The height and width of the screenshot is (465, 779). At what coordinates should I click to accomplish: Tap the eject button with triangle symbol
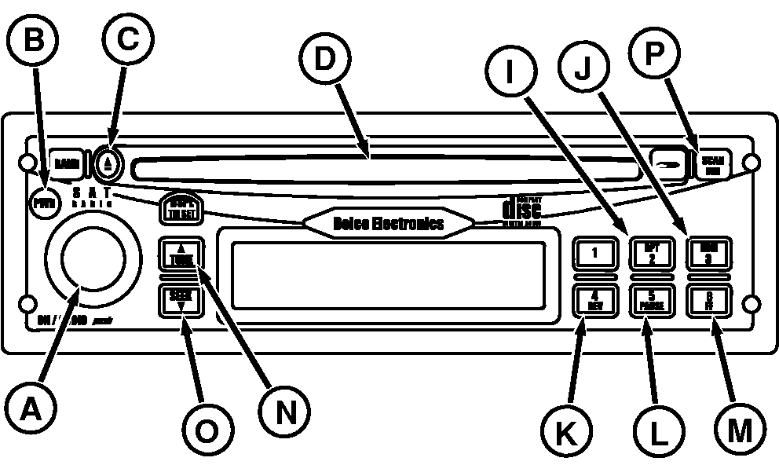tap(109, 164)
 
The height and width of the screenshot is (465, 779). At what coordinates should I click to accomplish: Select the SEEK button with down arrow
tap(181, 299)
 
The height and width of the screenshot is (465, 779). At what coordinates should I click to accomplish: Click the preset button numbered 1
tap(594, 253)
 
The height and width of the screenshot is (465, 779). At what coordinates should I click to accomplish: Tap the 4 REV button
tap(594, 299)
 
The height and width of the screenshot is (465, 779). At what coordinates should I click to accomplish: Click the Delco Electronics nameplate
tap(389, 223)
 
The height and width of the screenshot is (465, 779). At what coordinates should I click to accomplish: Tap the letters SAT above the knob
tap(93, 192)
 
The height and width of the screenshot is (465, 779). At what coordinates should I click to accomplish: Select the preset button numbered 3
tap(709, 253)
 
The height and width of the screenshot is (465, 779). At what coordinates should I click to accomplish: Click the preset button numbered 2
tap(652, 253)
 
